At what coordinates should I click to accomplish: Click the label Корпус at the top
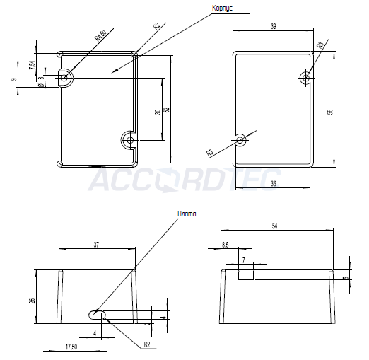223,8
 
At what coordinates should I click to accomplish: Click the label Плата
187,213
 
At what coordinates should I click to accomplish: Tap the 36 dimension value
273,183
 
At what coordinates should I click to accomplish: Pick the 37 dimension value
97,244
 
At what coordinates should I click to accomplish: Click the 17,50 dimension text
71,347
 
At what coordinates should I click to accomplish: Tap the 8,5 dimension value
225,244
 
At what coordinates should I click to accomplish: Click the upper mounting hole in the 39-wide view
305,77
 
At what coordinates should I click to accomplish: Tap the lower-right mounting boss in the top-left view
128,139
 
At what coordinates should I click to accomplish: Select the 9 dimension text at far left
14,80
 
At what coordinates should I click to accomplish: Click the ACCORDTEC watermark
184,180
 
